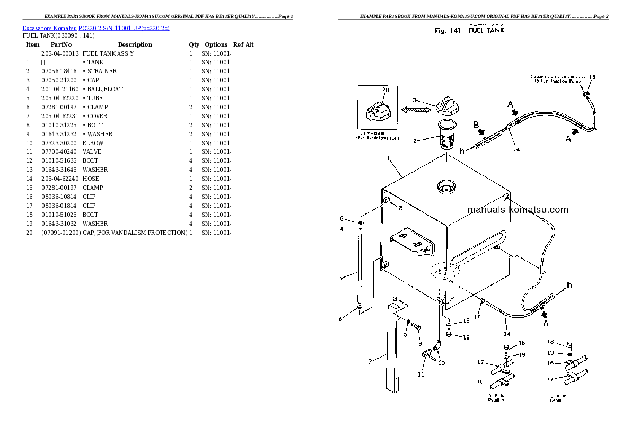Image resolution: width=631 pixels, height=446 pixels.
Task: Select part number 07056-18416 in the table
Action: (58, 71)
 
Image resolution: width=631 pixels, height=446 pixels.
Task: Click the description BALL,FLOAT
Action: (104, 89)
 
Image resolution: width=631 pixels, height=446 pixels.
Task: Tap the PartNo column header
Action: (61, 45)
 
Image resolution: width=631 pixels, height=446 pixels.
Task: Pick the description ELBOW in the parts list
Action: (93, 143)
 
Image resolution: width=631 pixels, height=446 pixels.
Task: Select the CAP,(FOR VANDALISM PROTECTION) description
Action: (135, 233)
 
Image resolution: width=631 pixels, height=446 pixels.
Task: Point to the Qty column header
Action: (194, 45)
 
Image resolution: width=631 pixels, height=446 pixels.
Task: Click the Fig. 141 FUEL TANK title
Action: (469, 30)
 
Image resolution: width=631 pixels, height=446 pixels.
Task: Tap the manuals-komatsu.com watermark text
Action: (518, 210)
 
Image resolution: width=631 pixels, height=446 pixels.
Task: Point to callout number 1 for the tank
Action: (389, 158)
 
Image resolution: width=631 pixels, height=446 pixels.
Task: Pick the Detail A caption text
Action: (496, 399)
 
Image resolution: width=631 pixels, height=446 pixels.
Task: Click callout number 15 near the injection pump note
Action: (592, 77)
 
